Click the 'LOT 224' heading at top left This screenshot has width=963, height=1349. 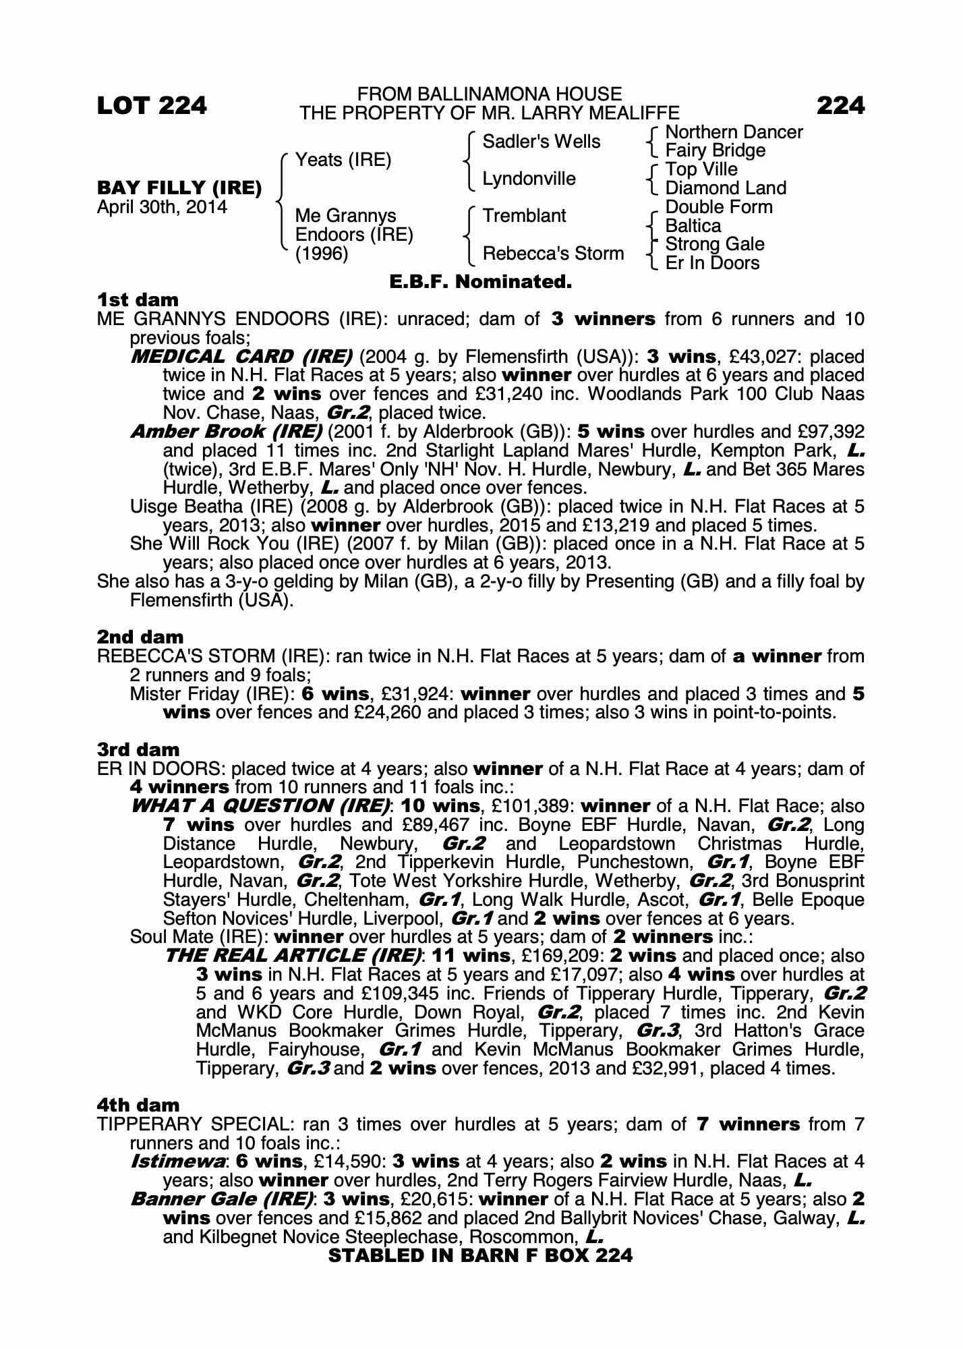pyautogui.click(x=152, y=106)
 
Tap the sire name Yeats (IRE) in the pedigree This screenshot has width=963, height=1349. pyautogui.click(x=343, y=160)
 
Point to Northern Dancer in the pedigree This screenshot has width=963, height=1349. pyautogui.click(x=734, y=132)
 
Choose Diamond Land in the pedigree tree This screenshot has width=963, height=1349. pyautogui.click(x=726, y=188)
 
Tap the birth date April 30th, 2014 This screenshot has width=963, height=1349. pyautogui.click(x=162, y=206)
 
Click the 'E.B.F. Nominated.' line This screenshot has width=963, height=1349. pyautogui.click(x=481, y=282)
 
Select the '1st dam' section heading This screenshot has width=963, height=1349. pyautogui.click(x=138, y=299)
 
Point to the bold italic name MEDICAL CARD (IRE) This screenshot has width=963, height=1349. pyautogui.click(x=241, y=356)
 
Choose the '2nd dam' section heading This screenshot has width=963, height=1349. pyautogui.click(x=140, y=637)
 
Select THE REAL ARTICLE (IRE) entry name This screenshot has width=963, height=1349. pyautogui.click(x=294, y=956)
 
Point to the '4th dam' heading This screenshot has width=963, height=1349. pyautogui.click(x=138, y=1106)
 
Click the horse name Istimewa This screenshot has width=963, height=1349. pyautogui.click(x=178, y=1162)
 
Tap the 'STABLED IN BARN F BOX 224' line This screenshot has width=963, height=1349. pyautogui.click(x=480, y=1256)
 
